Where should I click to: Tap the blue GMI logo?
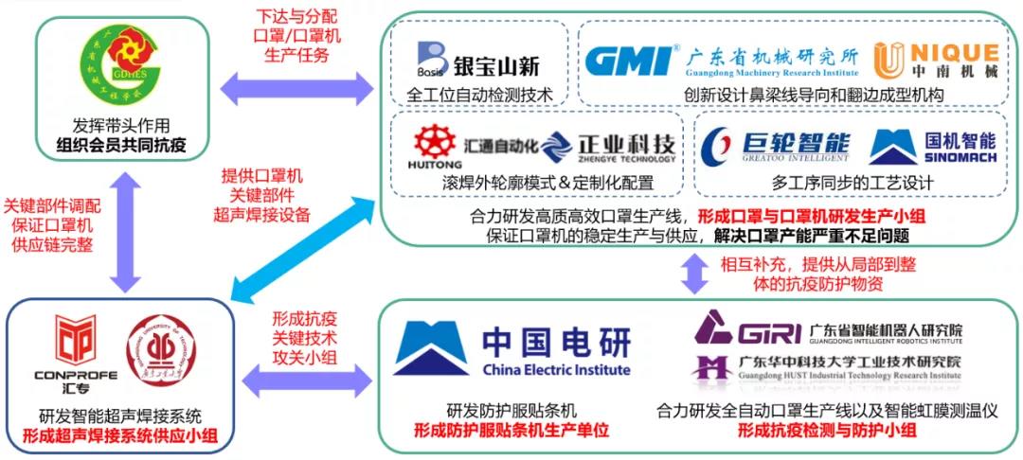630,60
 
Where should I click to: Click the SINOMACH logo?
933,146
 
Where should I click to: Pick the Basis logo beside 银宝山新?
433,60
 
